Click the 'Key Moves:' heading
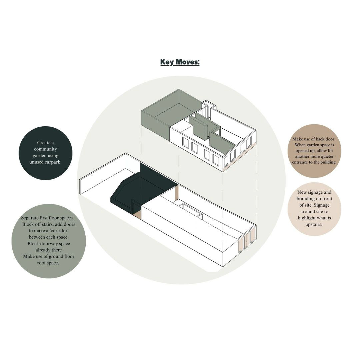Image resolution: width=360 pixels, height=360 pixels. pos(180,62)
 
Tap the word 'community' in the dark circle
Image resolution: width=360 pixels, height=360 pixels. pos(45,149)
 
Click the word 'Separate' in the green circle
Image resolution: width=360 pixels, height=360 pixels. pos(30,218)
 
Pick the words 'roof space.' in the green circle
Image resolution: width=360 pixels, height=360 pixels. pos(48,263)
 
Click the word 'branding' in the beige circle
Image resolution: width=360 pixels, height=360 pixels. pos(305,199)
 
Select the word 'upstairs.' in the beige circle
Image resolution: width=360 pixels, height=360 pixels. pos(314,224)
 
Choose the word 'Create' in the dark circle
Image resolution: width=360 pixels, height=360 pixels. pos(42,143)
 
